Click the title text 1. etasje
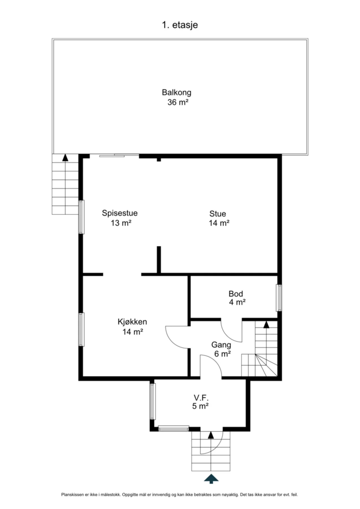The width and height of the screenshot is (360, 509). (180, 25)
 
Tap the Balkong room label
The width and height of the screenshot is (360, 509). (176, 92)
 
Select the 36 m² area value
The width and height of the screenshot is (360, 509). (178, 102)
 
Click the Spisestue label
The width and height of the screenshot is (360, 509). (120, 213)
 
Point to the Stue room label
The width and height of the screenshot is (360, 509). (217, 214)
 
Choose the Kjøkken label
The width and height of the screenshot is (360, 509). (132, 322)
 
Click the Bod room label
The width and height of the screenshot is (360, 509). (236, 294)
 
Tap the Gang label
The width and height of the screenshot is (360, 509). (221, 345)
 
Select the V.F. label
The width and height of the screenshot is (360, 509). (201, 398)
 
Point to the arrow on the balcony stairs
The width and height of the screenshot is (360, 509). (65, 158)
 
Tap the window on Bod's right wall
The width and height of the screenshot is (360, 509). (279, 298)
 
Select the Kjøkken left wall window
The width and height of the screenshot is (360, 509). (81, 329)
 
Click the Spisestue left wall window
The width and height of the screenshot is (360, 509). (81, 217)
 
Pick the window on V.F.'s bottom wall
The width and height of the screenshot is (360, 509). (174, 428)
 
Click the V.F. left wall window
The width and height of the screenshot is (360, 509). (152, 401)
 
